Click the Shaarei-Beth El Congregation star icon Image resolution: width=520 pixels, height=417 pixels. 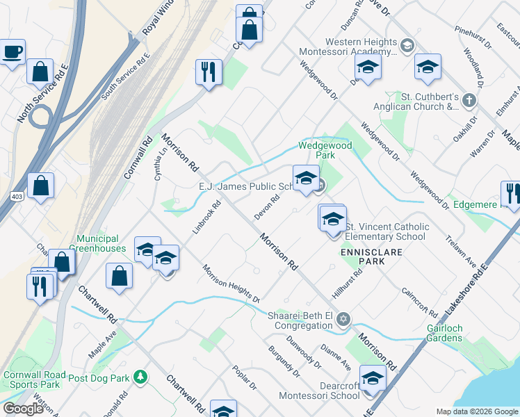342,320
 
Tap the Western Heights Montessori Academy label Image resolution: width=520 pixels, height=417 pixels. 347,47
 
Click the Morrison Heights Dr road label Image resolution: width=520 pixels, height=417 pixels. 231,284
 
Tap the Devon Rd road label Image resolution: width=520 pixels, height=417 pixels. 267,207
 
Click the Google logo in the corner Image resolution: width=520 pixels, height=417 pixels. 24,409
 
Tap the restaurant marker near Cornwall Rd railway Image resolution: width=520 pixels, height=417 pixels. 209,72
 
